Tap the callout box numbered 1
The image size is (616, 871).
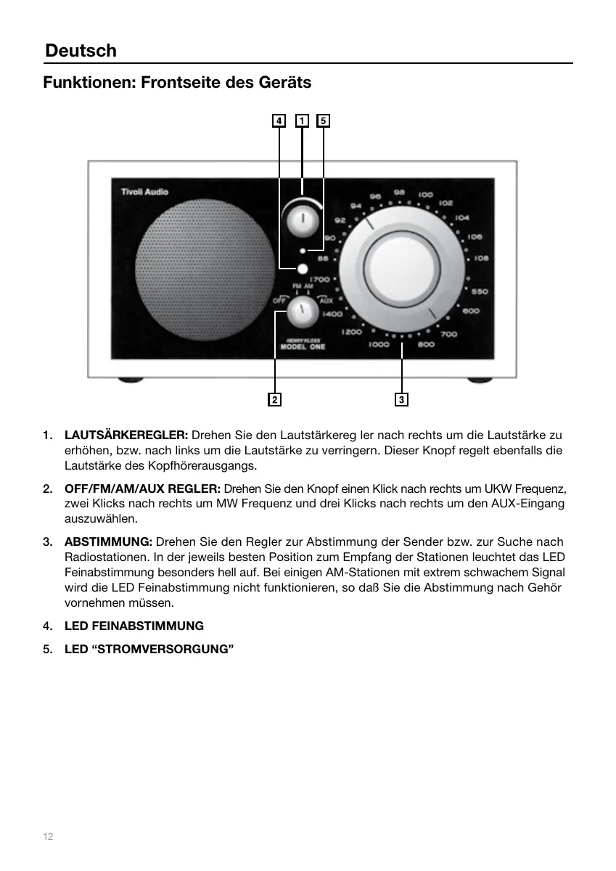coord(302,120)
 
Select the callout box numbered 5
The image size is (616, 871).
coord(324,120)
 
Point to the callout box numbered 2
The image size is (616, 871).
coord(275,399)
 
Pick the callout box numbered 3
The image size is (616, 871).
coord(401,399)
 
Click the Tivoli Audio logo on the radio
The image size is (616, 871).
coord(144,192)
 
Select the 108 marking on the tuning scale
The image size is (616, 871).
coord(481,258)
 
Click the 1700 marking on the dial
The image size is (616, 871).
coord(320,279)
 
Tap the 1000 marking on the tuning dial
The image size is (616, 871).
coord(379,345)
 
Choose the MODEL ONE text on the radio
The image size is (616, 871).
coord(303,347)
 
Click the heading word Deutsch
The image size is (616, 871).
coord(81,51)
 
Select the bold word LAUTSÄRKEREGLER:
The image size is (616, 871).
coord(126,435)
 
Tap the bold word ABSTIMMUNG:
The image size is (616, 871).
coord(108,542)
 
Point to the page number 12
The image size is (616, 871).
coord(48,837)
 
